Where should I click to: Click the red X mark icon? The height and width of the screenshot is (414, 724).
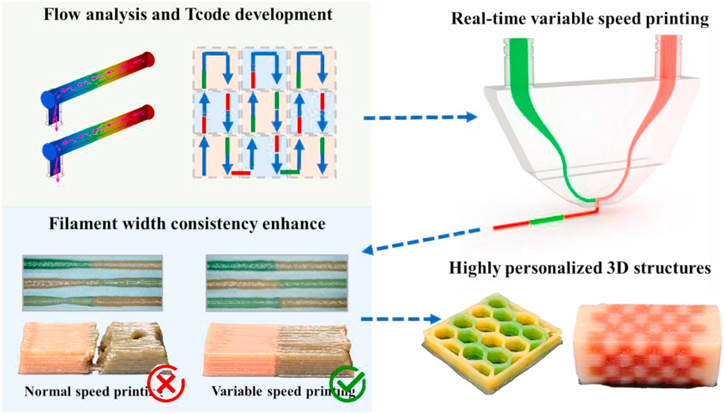point(166,383)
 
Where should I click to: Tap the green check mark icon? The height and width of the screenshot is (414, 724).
point(348,383)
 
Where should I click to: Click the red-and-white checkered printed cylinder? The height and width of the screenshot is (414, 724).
point(647,345)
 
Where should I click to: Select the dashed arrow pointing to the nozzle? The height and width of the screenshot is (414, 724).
point(420,117)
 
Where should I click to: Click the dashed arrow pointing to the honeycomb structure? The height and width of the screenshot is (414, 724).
point(400,319)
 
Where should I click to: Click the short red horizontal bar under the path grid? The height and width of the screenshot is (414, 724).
point(241,173)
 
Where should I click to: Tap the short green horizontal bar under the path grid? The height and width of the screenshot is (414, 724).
point(290,172)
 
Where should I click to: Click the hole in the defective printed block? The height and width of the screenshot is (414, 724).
point(137,334)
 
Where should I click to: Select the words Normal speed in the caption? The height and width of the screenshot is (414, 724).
point(63,392)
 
